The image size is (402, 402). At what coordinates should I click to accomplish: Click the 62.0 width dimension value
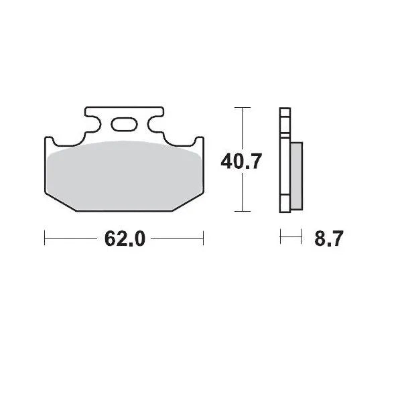(x=125, y=239)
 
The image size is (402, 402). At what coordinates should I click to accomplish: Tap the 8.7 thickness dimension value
(x=328, y=239)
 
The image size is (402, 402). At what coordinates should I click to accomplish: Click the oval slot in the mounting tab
(x=124, y=124)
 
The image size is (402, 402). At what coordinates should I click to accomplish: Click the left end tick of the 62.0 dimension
(x=44, y=237)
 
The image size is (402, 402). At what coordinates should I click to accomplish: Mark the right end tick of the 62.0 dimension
(x=203, y=237)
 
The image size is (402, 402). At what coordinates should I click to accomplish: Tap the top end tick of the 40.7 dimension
(x=241, y=107)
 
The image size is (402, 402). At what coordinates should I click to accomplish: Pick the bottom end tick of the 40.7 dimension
(x=241, y=211)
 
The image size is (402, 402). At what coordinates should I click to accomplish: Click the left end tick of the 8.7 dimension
(x=280, y=237)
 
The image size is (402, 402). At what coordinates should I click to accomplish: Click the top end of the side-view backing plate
(x=284, y=111)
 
